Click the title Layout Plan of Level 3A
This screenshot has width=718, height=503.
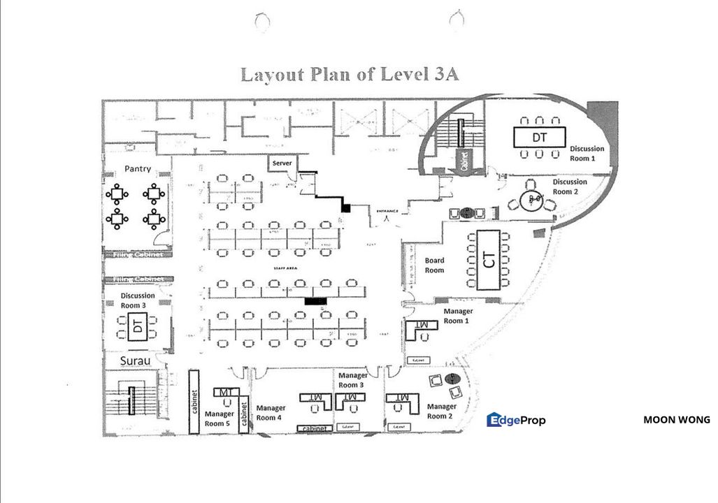(350, 74)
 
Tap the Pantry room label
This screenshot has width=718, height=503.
(138, 169)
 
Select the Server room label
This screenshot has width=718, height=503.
(282, 163)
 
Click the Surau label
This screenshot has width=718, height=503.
(132, 360)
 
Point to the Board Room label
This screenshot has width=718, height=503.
(434, 265)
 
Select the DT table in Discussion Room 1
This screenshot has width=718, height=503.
(540, 137)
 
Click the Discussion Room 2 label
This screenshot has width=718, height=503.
(570, 187)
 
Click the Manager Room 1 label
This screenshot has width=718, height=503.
(458, 316)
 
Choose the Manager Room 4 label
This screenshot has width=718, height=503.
(271, 412)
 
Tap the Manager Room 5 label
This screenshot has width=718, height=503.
(218, 418)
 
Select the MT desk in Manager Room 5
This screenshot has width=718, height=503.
(225, 392)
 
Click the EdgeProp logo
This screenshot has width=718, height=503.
(516, 420)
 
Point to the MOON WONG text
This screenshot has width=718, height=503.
(676, 420)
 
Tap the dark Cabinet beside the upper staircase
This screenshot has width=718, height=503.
(462, 161)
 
